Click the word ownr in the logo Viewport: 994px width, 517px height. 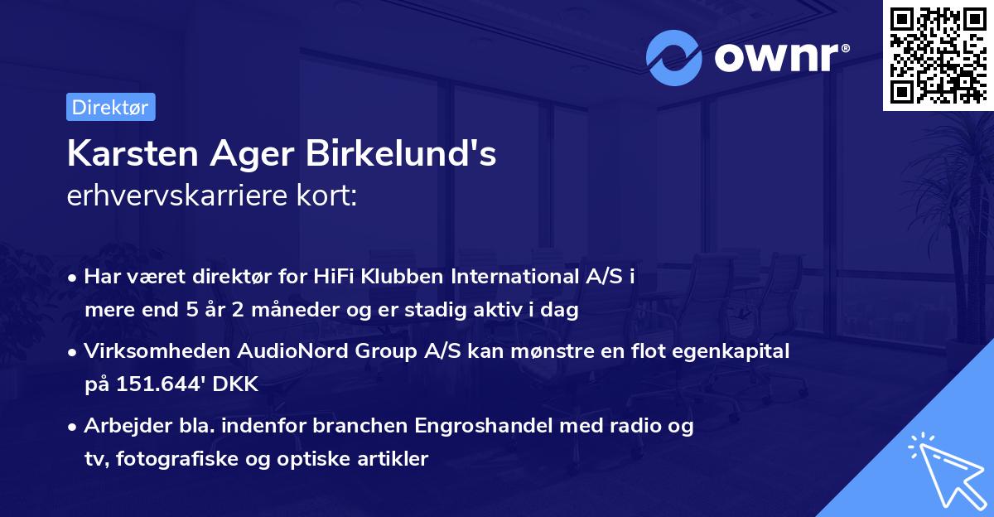click(780, 58)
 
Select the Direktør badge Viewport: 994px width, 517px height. click(110, 107)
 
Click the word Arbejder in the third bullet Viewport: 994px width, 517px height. click(119, 426)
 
